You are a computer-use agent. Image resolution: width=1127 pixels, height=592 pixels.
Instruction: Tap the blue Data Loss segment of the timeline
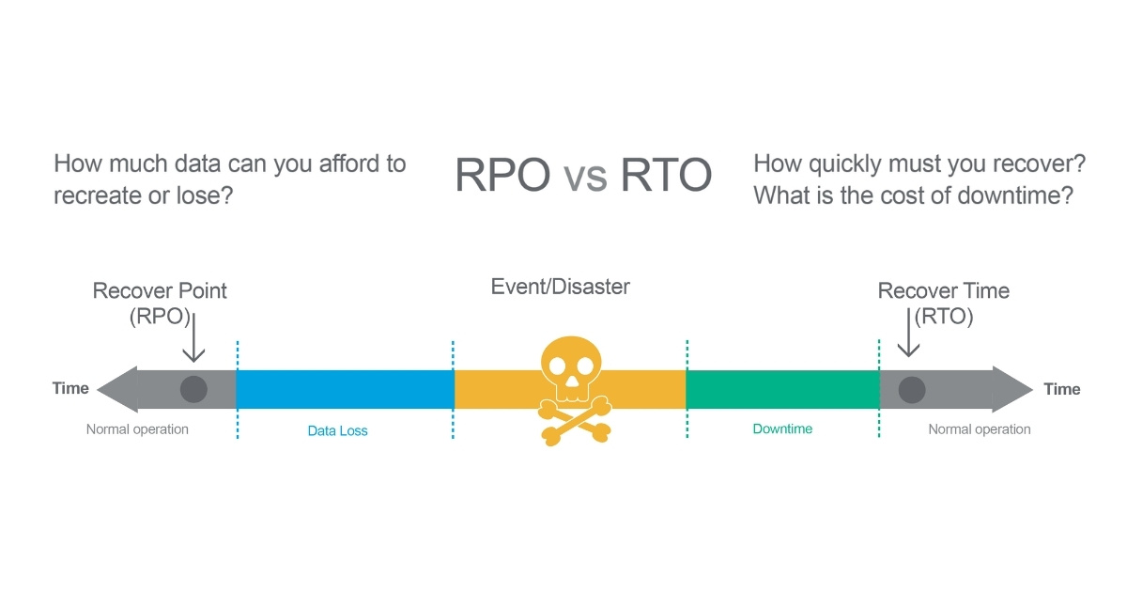point(345,389)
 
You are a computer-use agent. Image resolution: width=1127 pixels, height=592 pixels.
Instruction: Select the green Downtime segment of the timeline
point(781,389)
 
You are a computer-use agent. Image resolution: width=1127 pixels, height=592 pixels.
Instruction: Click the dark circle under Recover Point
point(193,389)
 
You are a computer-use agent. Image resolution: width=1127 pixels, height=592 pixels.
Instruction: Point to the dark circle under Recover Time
point(911,389)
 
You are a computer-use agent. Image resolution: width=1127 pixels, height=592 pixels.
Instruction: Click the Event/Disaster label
point(561,286)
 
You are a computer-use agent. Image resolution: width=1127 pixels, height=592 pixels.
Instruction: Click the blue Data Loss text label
point(337,431)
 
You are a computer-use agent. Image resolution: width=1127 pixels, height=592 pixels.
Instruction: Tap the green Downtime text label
point(782,428)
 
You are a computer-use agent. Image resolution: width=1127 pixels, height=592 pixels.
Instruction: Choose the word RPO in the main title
point(502,176)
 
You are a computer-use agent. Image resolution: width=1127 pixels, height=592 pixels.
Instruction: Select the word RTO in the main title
point(665,176)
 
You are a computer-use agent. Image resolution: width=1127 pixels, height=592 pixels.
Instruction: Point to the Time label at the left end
point(70,389)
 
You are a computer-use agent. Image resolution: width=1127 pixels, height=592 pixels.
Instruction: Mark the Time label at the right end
point(1062,389)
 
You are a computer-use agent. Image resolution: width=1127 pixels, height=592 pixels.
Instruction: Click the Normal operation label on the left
point(137,429)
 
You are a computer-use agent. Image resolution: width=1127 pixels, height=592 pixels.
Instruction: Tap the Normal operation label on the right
point(980,429)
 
